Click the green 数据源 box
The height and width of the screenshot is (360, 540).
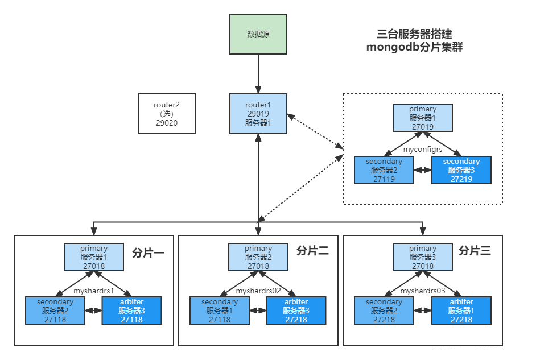click(x=258, y=34)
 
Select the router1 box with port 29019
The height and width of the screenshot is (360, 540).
click(x=258, y=114)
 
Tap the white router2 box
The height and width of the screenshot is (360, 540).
click(x=167, y=114)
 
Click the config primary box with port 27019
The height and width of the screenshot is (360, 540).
click(x=423, y=118)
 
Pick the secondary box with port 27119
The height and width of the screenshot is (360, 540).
click(x=384, y=170)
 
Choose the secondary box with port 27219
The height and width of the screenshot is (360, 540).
click(x=461, y=170)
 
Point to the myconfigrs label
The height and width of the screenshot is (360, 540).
click(x=423, y=150)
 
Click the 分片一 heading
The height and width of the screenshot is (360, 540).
click(x=148, y=251)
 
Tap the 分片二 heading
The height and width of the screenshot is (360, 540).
click(x=312, y=251)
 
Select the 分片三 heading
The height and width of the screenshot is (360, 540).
click(x=474, y=251)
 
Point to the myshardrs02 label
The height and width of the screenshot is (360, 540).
click(x=258, y=291)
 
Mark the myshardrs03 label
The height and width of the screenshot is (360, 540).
click(x=423, y=291)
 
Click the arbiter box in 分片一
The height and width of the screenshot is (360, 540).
click(x=131, y=311)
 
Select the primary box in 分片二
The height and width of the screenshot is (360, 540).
click(x=258, y=257)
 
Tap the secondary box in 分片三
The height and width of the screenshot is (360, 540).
click(x=384, y=311)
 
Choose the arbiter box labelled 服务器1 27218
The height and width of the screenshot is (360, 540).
click(x=461, y=311)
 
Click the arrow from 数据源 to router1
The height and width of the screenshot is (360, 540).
click(x=258, y=74)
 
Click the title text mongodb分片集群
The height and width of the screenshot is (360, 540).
click(x=414, y=48)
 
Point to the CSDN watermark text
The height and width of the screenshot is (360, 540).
click(x=480, y=350)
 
